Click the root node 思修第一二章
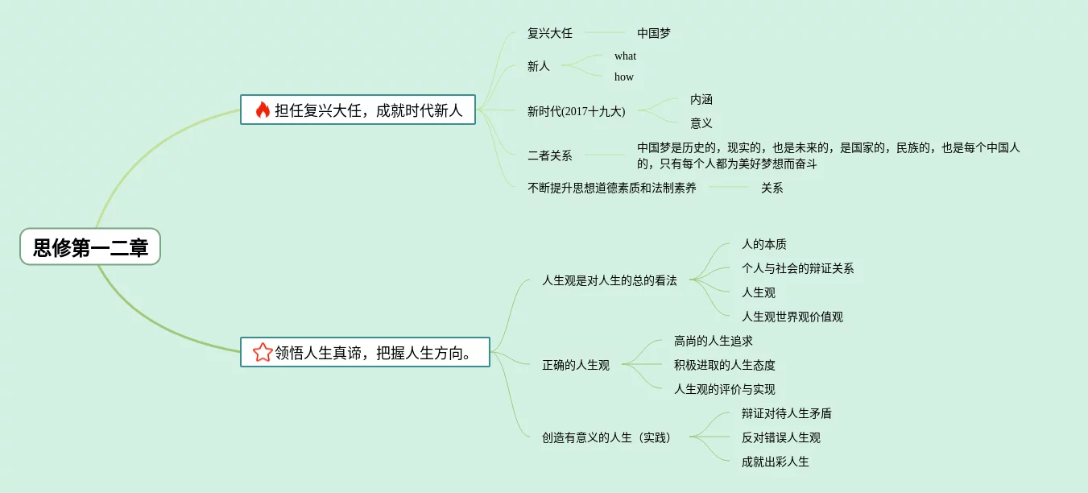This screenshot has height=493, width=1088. tap(90, 246)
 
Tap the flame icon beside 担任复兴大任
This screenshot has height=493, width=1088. tap(263, 110)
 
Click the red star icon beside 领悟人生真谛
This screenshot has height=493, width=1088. tap(263, 352)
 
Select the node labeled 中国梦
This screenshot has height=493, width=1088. tap(654, 33)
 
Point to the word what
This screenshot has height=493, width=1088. tap(625, 56)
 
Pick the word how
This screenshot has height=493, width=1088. tap(624, 77)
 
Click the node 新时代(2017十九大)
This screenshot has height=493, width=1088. tap(576, 111)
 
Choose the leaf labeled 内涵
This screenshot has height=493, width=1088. tap(701, 99)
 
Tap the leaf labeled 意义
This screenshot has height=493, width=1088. tap(701, 123)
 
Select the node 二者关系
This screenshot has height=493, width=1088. tap(550, 155)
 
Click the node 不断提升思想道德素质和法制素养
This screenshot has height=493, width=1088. tap(612, 188)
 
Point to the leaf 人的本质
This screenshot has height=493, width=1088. tap(764, 244)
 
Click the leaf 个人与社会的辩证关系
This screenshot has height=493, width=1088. tap(798, 268)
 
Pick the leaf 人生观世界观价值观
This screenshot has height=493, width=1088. tap(792, 317)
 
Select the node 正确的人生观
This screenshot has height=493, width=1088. tap(576, 365)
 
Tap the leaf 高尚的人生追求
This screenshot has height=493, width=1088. tap(714, 341)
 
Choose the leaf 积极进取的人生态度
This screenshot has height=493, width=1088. tap(725, 365)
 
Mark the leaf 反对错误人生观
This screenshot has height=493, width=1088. tap(781, 437)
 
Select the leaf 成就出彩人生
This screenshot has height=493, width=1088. tap(776, 462)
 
